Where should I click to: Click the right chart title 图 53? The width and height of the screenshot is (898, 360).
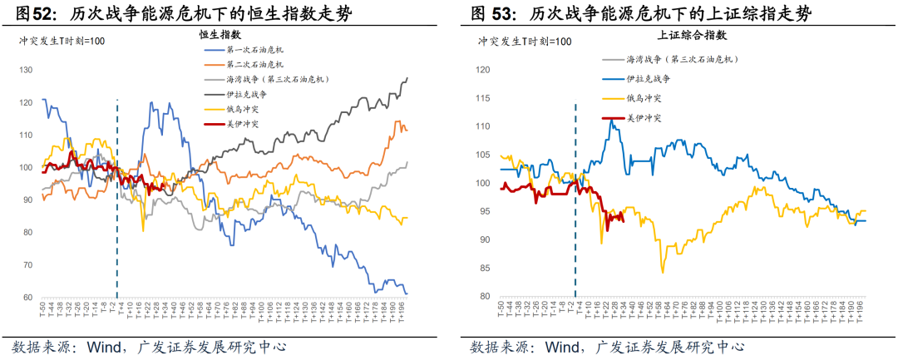click(x=491, y=13)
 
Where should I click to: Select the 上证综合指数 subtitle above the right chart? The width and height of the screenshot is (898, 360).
click(x=692, y=35)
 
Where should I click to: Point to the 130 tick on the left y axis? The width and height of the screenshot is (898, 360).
click(x=26, y=70)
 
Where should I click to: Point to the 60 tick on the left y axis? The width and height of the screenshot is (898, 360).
click(x=26, y=297)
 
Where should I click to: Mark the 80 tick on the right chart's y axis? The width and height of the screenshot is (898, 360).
click(x=485, y=296)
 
